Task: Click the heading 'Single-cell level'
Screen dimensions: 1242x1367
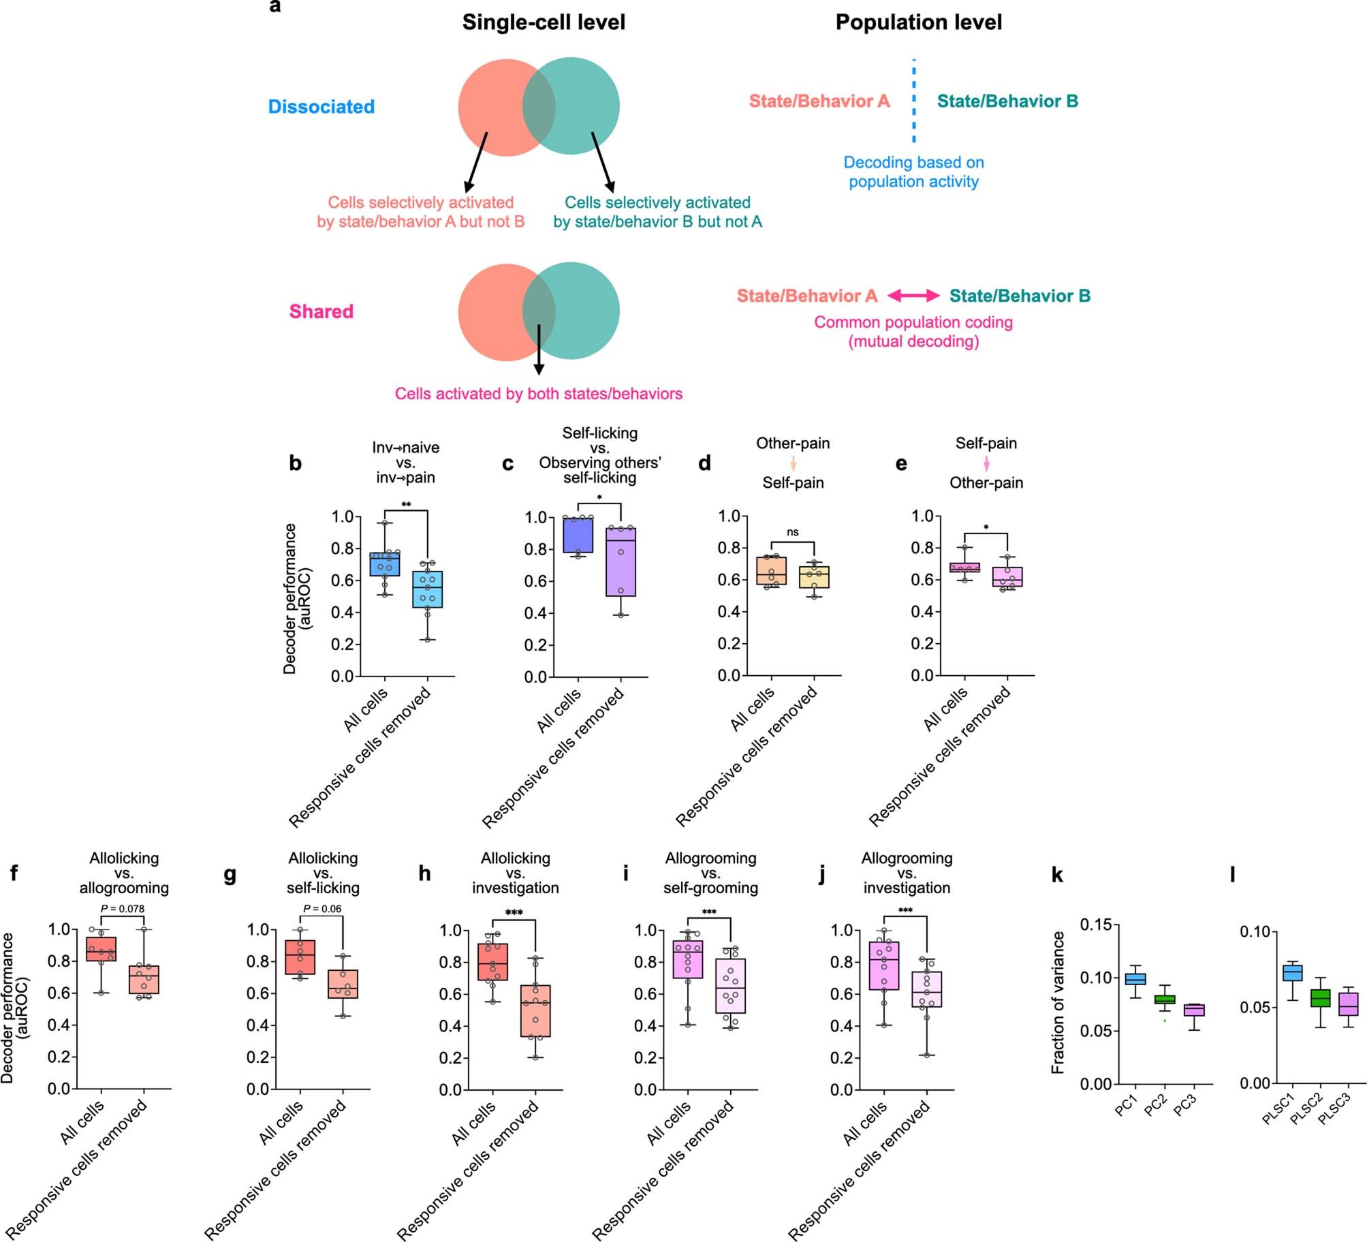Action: tap(543, 22)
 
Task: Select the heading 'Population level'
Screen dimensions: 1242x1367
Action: tap(918, 22)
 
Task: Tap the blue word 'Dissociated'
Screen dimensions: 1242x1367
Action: tap(321, 107)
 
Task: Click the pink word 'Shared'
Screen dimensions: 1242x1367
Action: tap(321, 311)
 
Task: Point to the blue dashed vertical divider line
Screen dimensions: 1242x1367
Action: tap(913, 101)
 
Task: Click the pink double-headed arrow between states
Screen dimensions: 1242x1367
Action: tap(913, 295)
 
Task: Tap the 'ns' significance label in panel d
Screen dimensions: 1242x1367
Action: tap(792, 532)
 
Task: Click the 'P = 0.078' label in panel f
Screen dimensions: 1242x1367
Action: tap(123, 908)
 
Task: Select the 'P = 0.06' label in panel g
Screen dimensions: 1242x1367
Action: tap(322, 908)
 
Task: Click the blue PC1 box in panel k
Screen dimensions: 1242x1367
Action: tap(1135, 979)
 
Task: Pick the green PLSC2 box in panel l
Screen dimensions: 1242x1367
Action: tap(1321, 997)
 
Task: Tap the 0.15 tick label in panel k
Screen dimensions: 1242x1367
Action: tap(1095, 925)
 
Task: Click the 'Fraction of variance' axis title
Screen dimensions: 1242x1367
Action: tap(1058, 1002)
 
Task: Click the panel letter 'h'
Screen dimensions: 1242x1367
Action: tap(424, 874)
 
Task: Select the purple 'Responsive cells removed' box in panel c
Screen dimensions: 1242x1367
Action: tap(621, 562)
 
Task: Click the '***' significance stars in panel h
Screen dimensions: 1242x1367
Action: tap(514, 913)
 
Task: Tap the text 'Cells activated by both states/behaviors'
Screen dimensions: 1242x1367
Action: tap(538, 394)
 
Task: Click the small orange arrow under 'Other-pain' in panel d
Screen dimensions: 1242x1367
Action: tap(793, 464)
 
